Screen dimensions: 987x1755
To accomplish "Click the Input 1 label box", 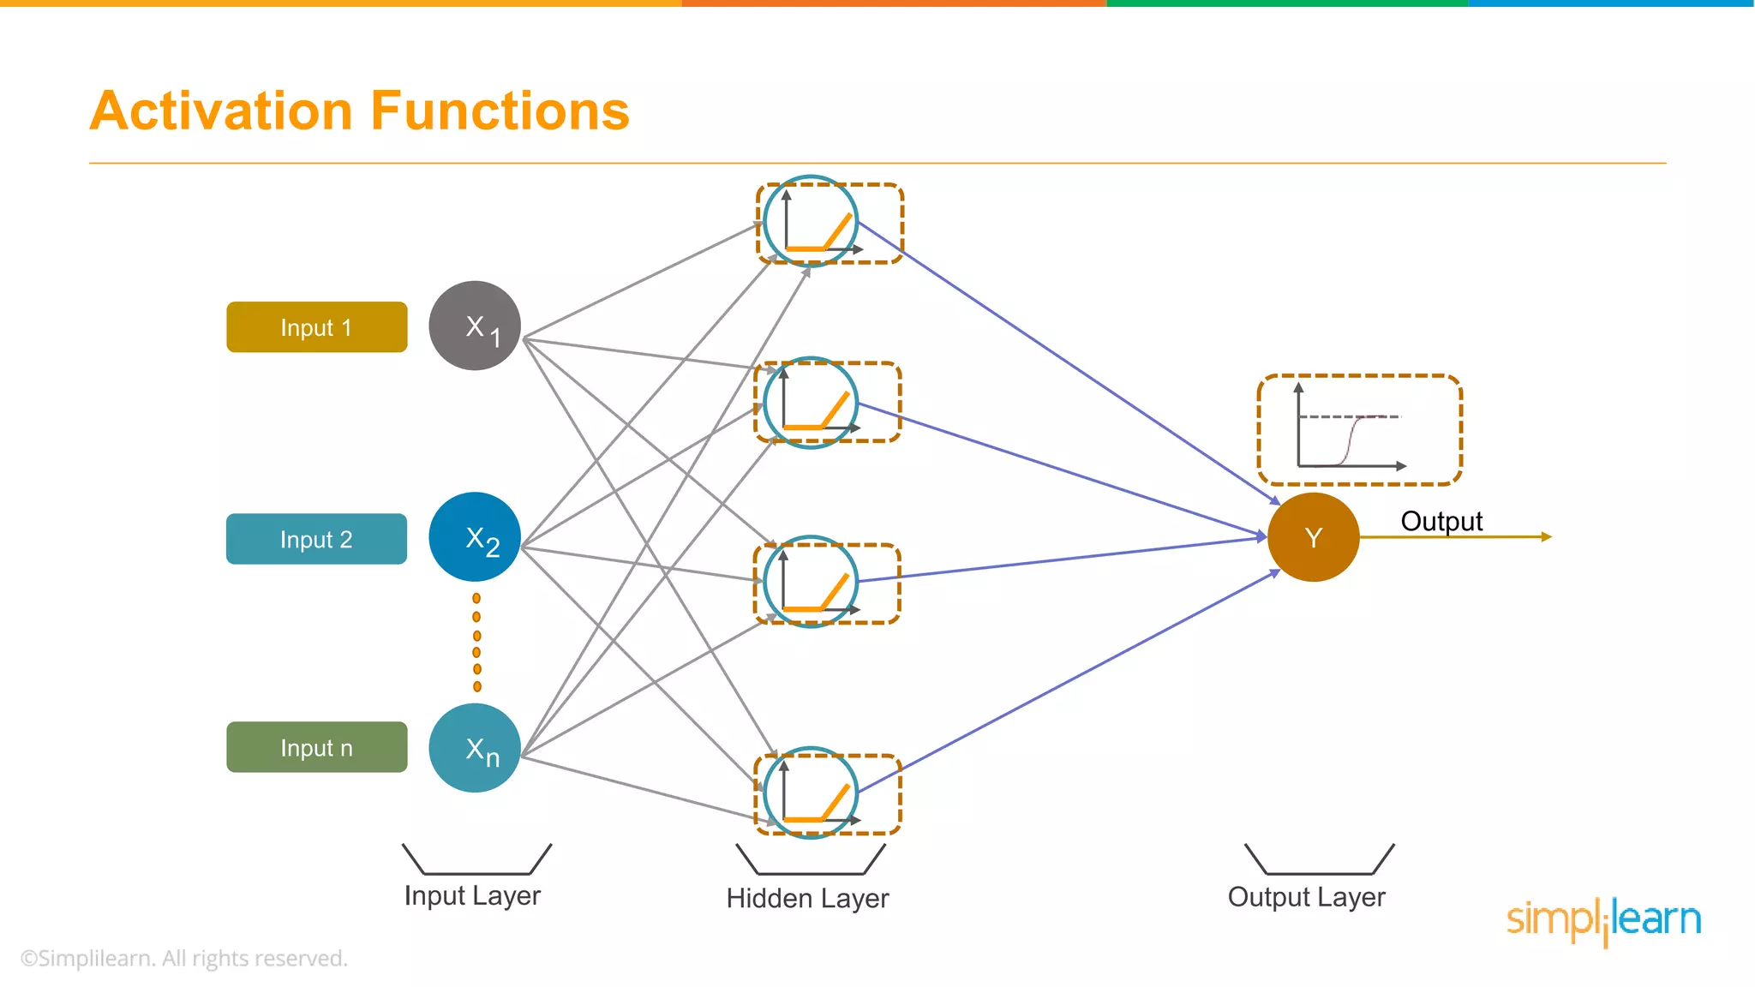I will pyautogui.click(x=316, y=327).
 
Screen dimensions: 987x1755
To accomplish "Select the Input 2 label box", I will pyautogui.click(x=316, y=539).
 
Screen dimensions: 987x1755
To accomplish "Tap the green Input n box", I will pyautogui.click(x=316, y=747).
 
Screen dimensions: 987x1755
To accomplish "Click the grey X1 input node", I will pyautogui.click(x=475, y=326).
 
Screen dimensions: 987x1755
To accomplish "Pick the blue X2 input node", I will pyautogui.click(x=475, y=537).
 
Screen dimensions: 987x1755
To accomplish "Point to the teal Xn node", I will pyautogui.click(x=475, y=748).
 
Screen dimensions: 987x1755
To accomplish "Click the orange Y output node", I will pyautogui.click(x=1313, y=537).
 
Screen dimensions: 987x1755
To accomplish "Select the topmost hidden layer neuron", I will pyautogui.click(x=811, y=222).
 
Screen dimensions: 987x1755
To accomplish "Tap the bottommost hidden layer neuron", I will pyautogui.click(x=811, y=793).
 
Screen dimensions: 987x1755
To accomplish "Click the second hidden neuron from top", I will pyautogui.click(x=811, y=403).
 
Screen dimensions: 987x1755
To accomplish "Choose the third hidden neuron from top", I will pyautogui.click(x=811, y=582).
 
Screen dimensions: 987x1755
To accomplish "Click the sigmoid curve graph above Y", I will pyautogui.click(x=1358, y=430).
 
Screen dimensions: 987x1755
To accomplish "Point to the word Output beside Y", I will pyautogui.click(x=1441, y=521).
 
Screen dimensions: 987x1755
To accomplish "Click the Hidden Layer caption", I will pyautogui.click(x=807, y=898).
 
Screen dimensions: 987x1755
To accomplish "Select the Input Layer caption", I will pyautogui.click(x=472, y=895).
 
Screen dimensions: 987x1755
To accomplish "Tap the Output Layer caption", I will pyautogui.click(x=1306, y=897).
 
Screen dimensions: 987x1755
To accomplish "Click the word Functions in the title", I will pyautogui.click(x=500, y=111).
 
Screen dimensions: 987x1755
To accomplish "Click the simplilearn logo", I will pyautogui.click(x=1603, y=920).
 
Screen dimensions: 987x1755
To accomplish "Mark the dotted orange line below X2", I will pyautogui.click(x=477, y=643).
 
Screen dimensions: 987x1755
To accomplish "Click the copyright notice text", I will pyautogui.click(x=184, y=958).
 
